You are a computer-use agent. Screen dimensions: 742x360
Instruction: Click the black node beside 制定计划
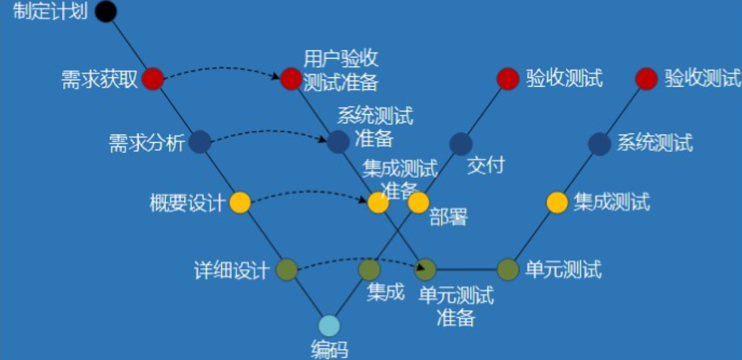click(105, 11)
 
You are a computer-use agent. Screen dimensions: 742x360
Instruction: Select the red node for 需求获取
click(153, 79)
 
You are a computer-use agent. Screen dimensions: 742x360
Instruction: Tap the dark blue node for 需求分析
click(200, 142)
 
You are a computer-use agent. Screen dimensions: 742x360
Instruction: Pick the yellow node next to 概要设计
click(240, 202)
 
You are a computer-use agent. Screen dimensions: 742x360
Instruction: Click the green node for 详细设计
click(287, 269)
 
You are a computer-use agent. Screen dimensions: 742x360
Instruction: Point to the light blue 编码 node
click(329, 326)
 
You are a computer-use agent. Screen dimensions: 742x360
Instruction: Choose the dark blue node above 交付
click(461, 143)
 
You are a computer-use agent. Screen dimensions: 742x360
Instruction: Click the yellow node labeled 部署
click(418, 202)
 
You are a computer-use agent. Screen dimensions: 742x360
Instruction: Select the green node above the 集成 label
click(369, 269)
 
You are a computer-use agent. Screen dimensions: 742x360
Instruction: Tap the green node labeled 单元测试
click(508, 269)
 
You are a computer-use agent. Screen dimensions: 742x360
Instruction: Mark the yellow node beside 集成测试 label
click(557, 202)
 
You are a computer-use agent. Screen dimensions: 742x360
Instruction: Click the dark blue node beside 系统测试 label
click(599, 143)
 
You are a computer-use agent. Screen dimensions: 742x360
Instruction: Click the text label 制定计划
click(50, 12)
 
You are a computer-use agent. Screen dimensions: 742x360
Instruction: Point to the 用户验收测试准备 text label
click(341, 71)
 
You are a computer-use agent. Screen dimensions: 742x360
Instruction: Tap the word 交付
click(485, 166)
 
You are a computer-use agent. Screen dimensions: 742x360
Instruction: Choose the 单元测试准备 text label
click(456, 307)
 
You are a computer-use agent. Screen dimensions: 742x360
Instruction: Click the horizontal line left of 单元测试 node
click(467, 269)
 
